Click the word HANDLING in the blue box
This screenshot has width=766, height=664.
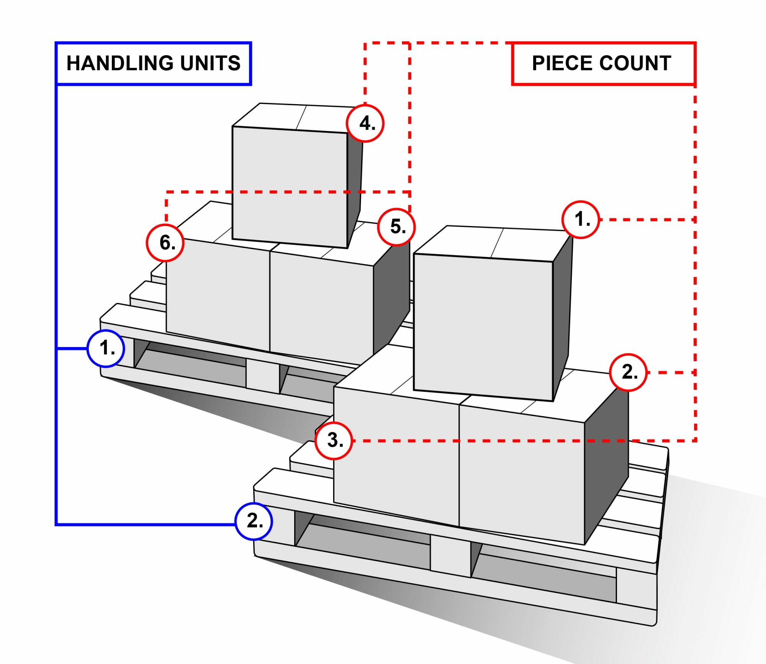[120, 63]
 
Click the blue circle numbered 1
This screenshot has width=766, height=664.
[106, 349]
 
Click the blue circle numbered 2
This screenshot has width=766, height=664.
[254, 521]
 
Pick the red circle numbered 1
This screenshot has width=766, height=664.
[581, 220]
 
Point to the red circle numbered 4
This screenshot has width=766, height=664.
[365, 123]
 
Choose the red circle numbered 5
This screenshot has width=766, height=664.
[396, 227]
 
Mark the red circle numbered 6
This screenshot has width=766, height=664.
[165, 243]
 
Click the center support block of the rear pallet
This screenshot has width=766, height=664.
[262, 375]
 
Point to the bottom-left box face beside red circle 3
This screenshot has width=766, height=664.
[396, 471]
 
